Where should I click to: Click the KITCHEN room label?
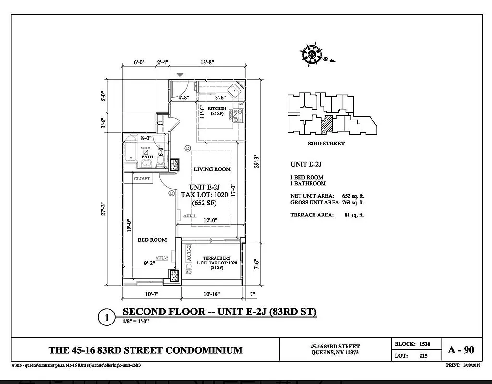217,108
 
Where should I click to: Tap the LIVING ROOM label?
212,169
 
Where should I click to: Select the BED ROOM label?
152,240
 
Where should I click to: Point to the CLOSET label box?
142,179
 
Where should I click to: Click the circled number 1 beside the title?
107,317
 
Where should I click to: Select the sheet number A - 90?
461,349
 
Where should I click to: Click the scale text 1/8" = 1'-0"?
136,322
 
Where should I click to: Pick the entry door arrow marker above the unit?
180,75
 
